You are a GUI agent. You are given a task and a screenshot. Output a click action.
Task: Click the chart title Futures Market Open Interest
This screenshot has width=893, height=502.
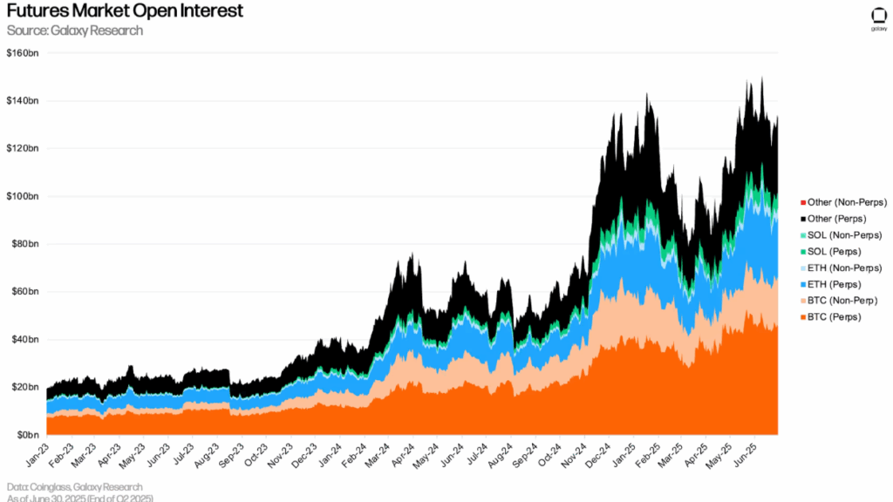coord(125,12)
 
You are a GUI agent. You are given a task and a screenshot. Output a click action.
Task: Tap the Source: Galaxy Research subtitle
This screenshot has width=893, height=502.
coord(74,31)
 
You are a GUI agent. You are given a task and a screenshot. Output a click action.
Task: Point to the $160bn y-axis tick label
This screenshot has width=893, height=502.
coord(24,53)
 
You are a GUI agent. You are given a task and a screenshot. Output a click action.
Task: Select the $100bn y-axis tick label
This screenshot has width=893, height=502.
coord(24,196)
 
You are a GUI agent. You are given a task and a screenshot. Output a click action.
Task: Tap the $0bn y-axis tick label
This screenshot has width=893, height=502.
coord(27,434)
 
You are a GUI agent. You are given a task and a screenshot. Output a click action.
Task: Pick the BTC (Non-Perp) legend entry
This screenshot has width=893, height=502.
coord(842,301)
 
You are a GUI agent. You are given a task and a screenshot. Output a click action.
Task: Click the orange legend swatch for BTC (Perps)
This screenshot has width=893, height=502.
coord(802,317)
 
